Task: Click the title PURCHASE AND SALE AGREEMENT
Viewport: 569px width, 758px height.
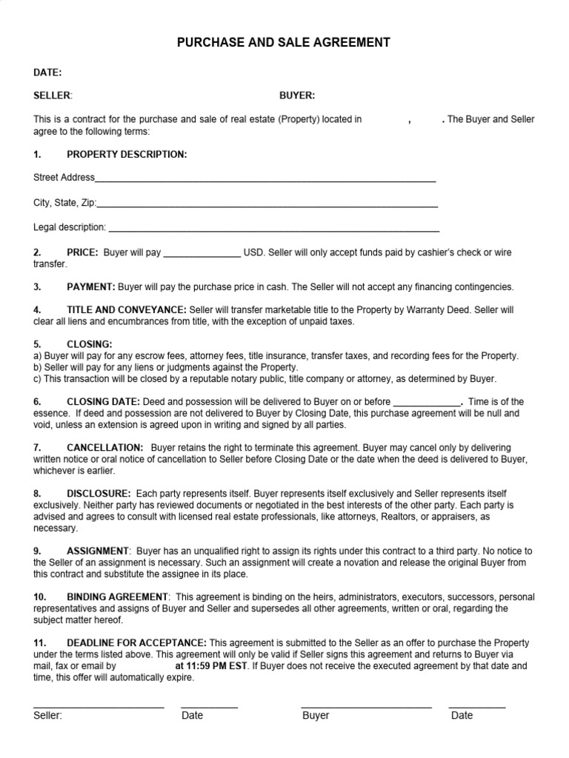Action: coord(283,43)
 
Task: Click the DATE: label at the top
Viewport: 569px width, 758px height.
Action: coord(47,73)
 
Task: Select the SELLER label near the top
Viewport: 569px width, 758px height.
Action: coord(52,95)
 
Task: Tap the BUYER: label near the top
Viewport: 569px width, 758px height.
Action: coord(297,95)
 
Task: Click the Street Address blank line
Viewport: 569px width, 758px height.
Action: coord(265,181)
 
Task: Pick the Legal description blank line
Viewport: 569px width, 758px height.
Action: coord(273,230)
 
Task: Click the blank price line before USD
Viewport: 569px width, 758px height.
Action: coord(202,255)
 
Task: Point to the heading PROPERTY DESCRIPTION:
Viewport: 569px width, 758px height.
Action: coord(127,154)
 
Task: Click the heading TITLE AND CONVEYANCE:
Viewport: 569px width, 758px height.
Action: coord(127,310)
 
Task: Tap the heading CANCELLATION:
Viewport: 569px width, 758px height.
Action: coord(104,448)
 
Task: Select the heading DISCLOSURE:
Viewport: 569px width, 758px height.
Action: coord(99,493)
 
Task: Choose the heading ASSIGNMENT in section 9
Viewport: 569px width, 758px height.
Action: coord(97,551)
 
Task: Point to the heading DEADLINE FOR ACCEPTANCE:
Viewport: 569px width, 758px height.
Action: coord(136,643)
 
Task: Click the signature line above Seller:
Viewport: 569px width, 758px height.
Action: coord(99,707)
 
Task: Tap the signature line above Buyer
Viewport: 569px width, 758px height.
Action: coord(366,707)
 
